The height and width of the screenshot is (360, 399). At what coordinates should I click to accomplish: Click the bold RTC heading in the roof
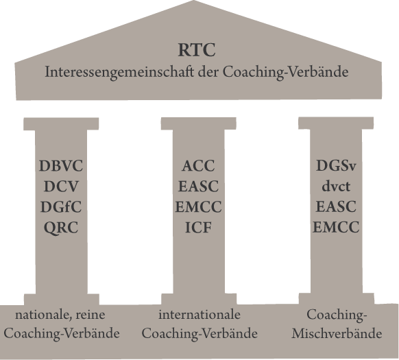(x=197, y=49)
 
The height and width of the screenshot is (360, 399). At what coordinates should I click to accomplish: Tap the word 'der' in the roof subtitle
(x=208, y=72)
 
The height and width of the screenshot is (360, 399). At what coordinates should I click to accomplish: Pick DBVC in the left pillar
(x=61, y=166)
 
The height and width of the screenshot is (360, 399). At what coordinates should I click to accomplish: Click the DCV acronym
(x=61, y=187)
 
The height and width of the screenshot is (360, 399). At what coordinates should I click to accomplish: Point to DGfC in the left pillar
(x=61, y=206)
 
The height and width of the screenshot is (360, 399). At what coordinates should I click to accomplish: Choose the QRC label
(x=61, y=228)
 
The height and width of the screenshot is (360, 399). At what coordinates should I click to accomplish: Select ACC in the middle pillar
(x=199, y=166)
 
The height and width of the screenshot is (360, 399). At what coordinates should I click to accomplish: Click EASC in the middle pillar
(x=199, y=187)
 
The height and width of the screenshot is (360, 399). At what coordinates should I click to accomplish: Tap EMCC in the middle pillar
(x=199, y=206)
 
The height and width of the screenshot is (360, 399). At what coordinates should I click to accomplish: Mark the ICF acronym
(x=199, y=228)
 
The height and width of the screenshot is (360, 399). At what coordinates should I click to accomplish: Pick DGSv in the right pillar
(x=336, y=166)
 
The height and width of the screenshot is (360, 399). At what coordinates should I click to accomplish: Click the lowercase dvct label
(x=336, y=187)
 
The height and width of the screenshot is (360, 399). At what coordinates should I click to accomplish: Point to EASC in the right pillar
(x=336, y=206)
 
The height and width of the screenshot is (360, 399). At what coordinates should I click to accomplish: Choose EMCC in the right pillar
(x=336, y=227)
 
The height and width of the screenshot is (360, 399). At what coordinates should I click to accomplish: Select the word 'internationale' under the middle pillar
(x=199, y=315)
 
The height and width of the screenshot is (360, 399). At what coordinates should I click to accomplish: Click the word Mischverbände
(x=337, y=333)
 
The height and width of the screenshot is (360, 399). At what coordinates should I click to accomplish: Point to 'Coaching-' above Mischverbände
(x=337, y=315)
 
